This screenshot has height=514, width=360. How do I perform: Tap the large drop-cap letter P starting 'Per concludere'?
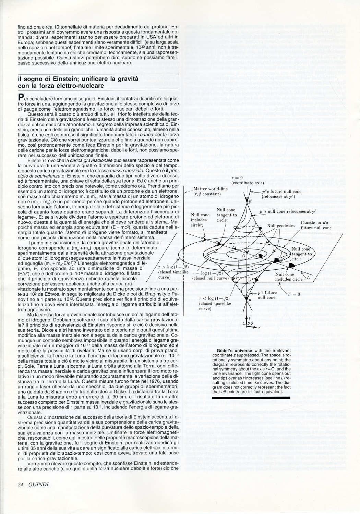tap(21, 98)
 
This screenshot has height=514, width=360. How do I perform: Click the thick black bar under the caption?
tap(251, 397)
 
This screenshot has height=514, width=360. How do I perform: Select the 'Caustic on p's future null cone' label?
tap(316, 225)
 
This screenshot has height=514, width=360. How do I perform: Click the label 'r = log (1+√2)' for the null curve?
tap(210, 273)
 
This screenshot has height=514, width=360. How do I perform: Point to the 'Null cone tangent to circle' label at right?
tap(301, 254)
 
